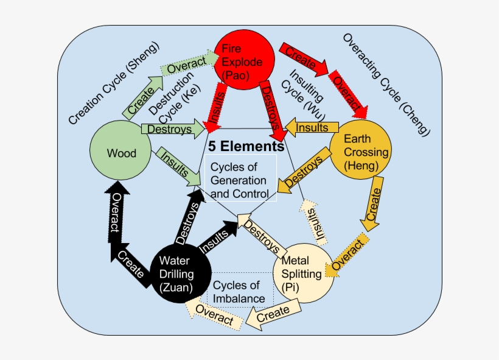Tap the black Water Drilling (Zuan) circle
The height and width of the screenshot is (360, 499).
(x=180, y=274)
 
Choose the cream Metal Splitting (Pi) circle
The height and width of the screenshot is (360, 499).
(x=302, y=274)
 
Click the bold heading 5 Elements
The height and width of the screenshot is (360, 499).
(x=246, y=147)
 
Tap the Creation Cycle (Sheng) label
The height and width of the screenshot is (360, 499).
(x=113, y=83)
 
